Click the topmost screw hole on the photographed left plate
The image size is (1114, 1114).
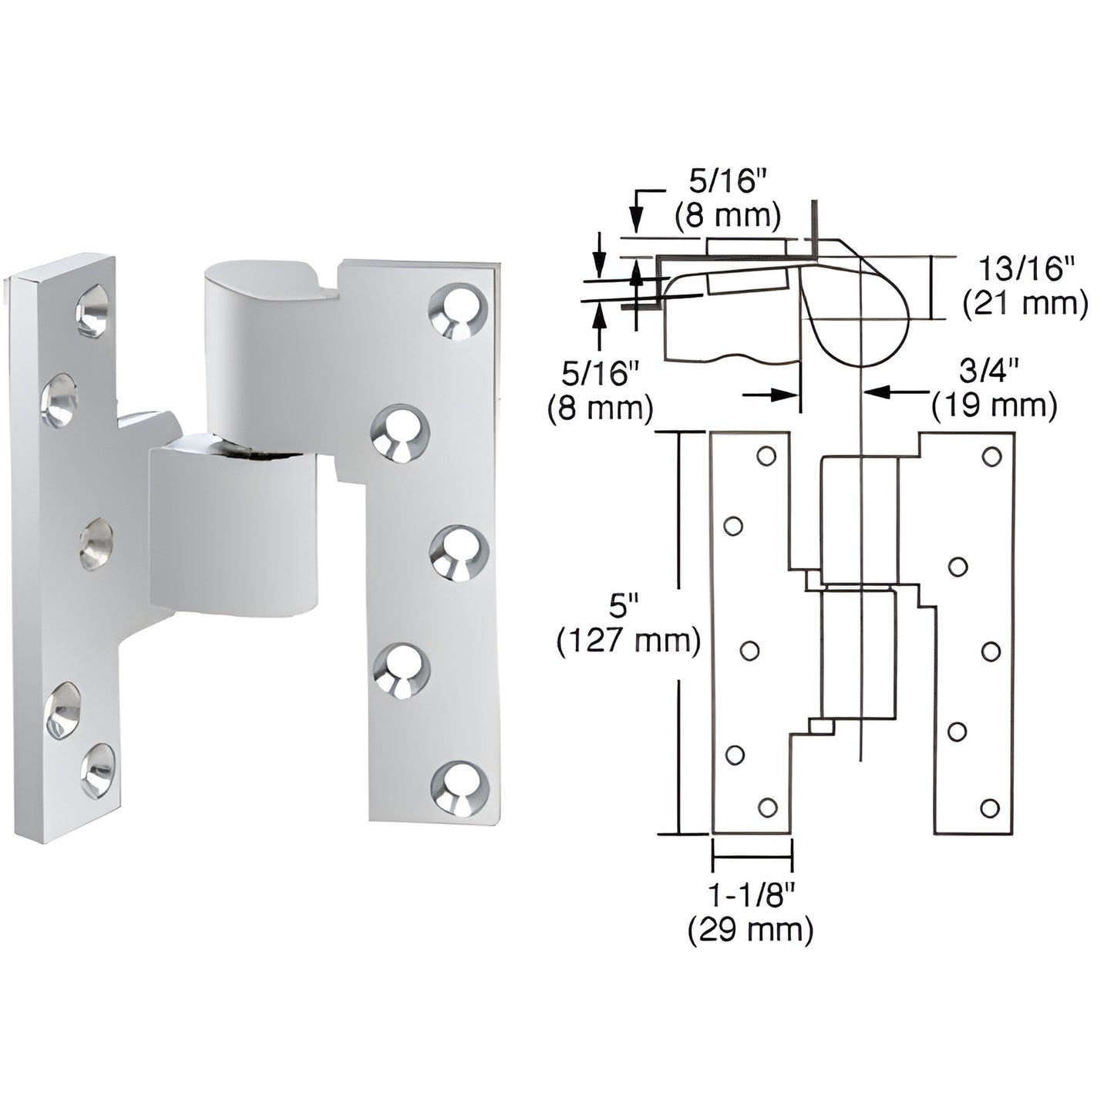coord(92,310)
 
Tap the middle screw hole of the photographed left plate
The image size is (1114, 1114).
coord(96,544)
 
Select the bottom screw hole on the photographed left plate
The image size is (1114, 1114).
coord(98,769)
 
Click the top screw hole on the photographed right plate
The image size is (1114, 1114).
coord(459,311)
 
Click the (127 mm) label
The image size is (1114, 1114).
coord(628,641)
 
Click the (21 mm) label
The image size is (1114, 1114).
coord(1025,305)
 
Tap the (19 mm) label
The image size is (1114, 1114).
coord(994,406)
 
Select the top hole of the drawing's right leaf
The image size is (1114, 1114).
coord(991,456)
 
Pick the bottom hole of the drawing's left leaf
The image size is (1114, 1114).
coord(767,806)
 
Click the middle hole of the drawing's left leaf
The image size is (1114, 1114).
coord(749,651)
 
